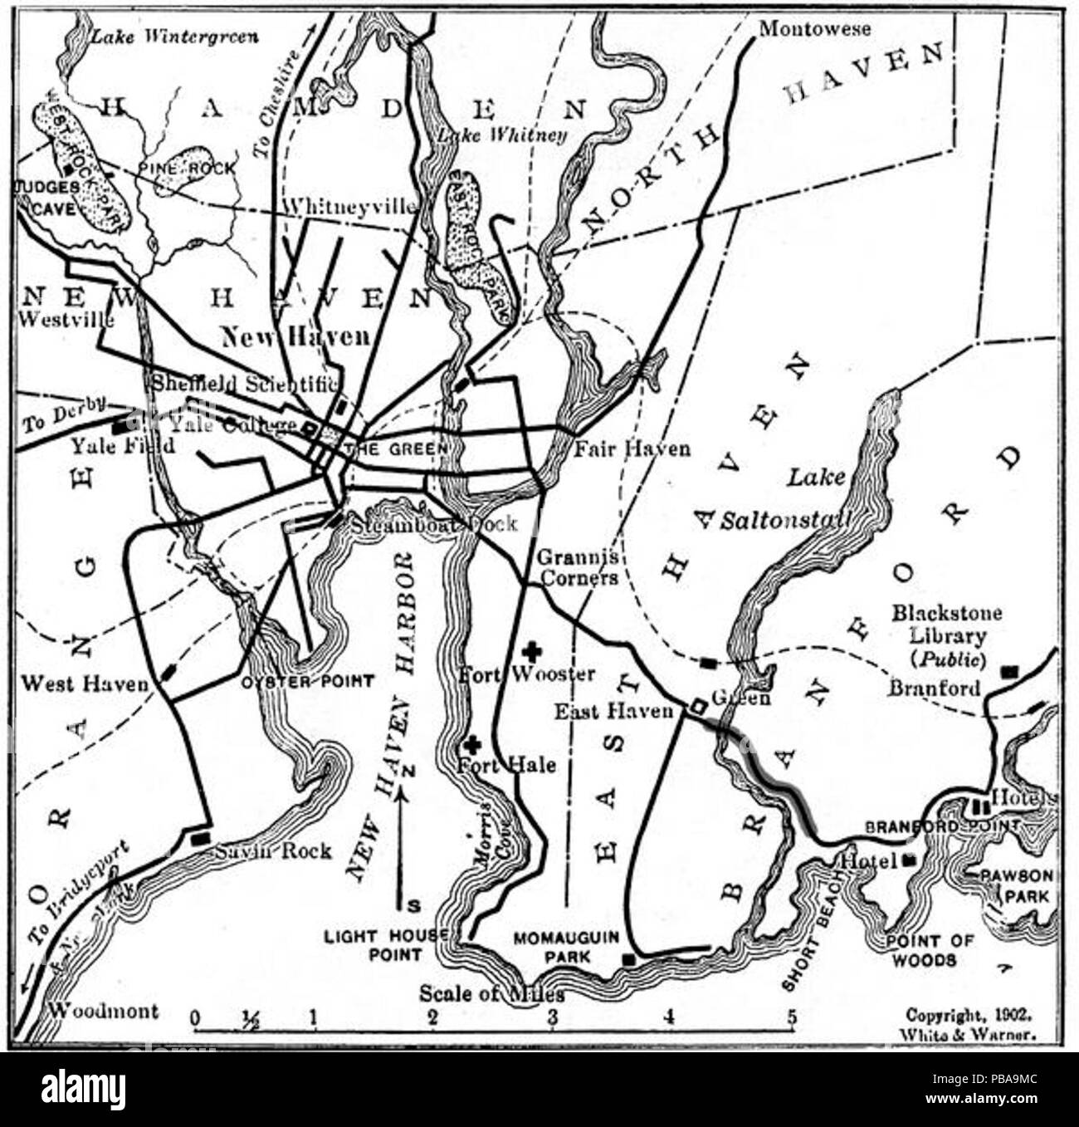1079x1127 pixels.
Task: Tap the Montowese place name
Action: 814,29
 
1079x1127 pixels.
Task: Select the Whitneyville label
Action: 349,206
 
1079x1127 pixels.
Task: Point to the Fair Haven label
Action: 632,448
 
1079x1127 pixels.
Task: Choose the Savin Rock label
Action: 273,850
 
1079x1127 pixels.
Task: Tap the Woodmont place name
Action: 102,1011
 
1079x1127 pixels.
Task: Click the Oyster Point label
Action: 307,682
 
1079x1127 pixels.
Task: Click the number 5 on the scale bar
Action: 792,1017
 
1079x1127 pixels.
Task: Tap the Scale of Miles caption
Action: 491,993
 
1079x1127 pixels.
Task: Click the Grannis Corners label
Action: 578,567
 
